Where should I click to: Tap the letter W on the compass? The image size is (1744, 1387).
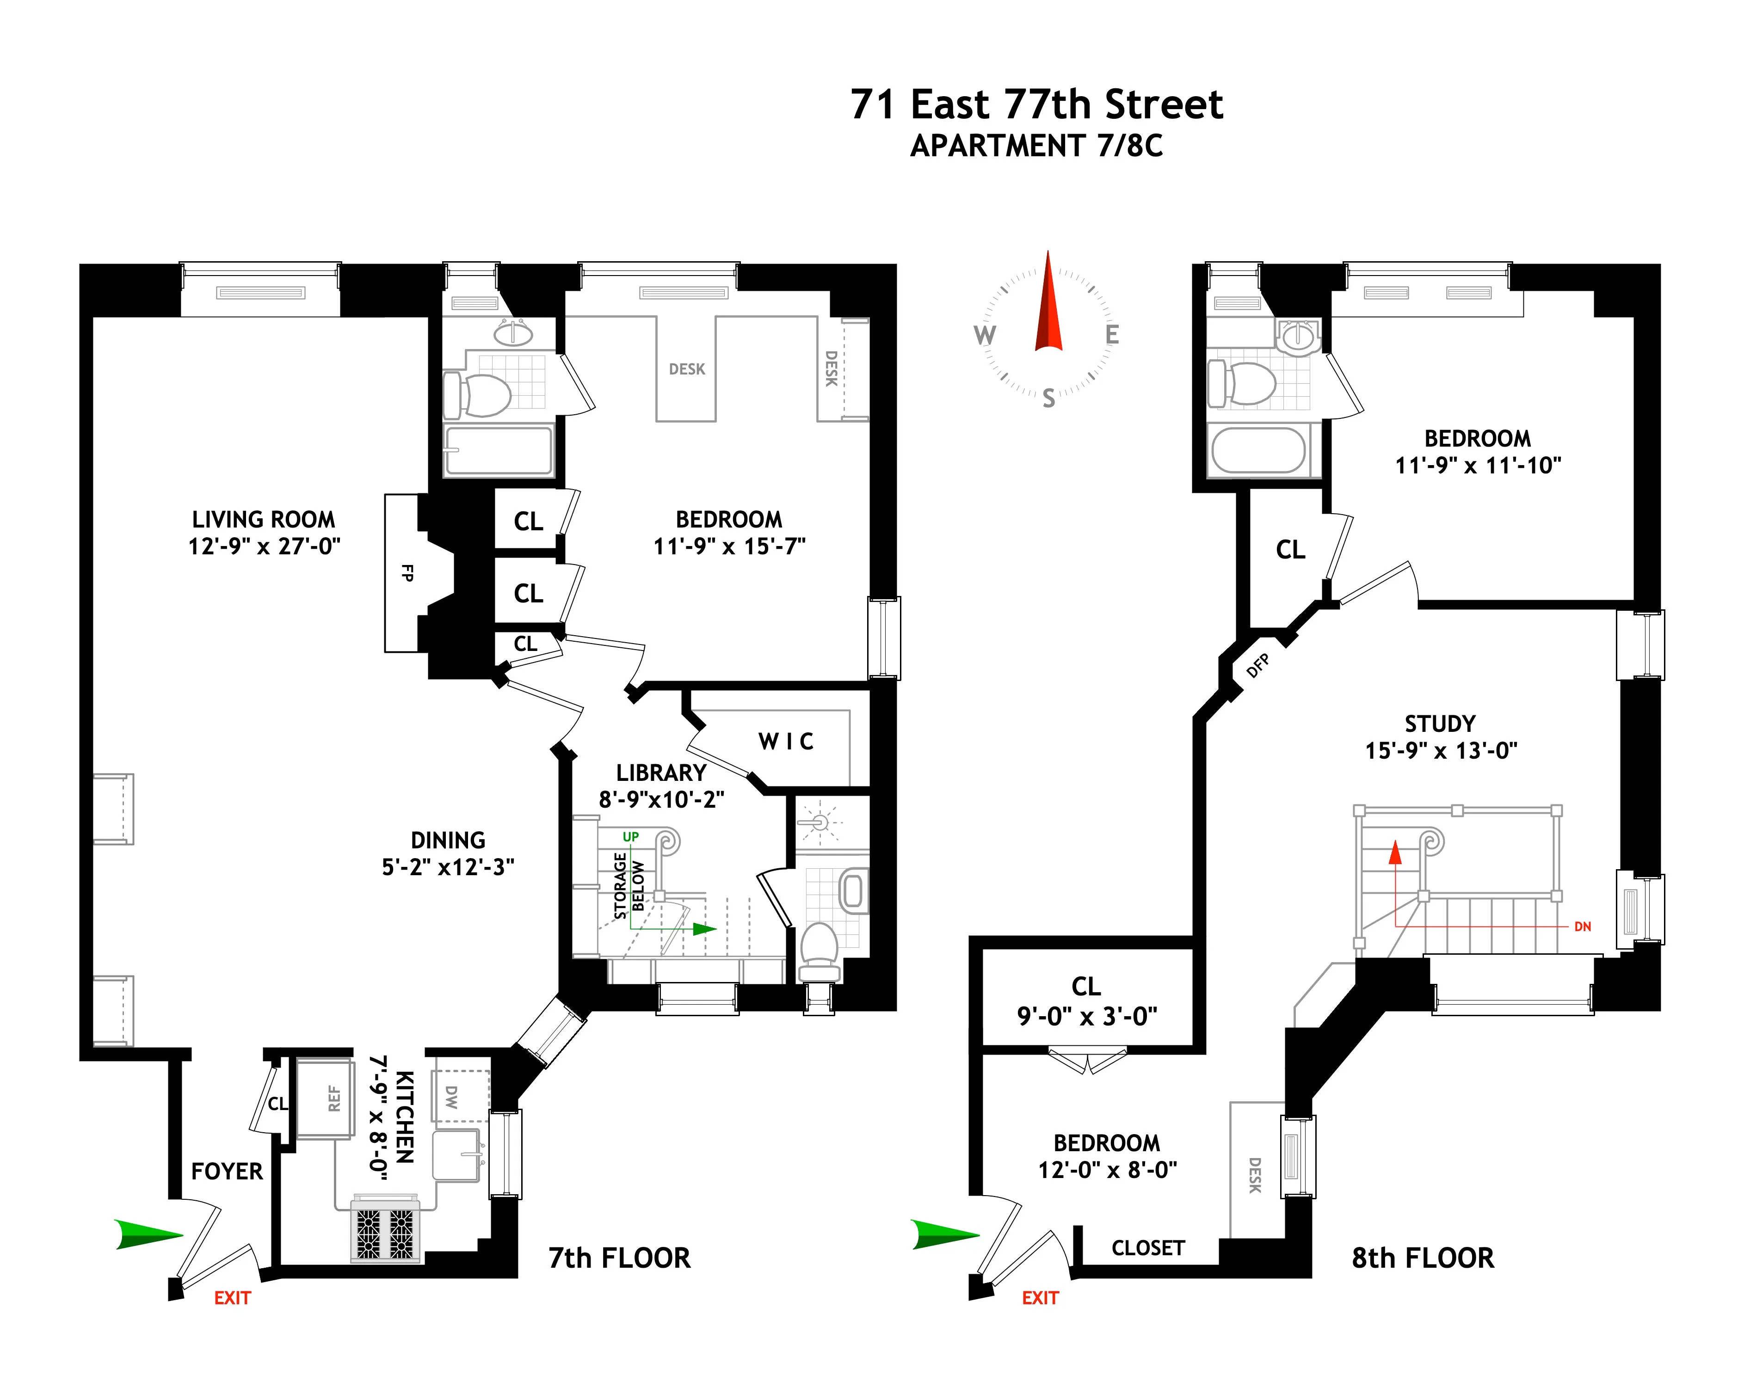pyautogui.click(x=985, y=335)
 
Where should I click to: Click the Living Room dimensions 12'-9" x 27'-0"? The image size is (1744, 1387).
pyautogui.click(x=265, y=547)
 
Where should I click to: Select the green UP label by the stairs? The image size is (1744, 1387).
pyautogui.click(x=630, y=836)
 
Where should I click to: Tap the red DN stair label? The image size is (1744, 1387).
pyautogui.click(x=1582, y=927)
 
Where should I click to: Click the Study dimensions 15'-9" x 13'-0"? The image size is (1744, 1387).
pyautogui.click(x=1441, y=750)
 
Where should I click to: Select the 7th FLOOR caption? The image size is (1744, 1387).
pyautogui.click(x=620, y=1258)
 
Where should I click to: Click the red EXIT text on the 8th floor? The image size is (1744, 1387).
pyautogui.click(x=1040, y=1298)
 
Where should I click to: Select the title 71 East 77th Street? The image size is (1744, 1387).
pyautogui.click(x=1036, y=105)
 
